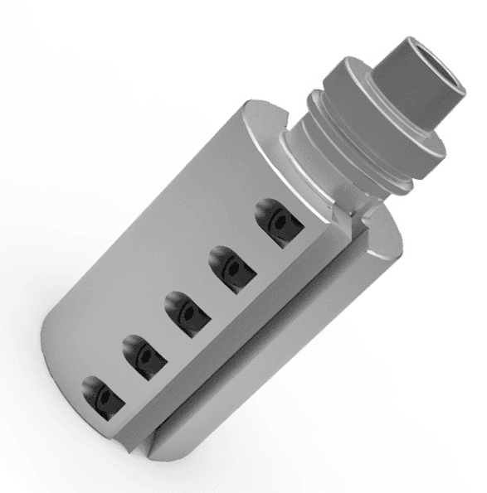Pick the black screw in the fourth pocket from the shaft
click(x=144, y=356)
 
